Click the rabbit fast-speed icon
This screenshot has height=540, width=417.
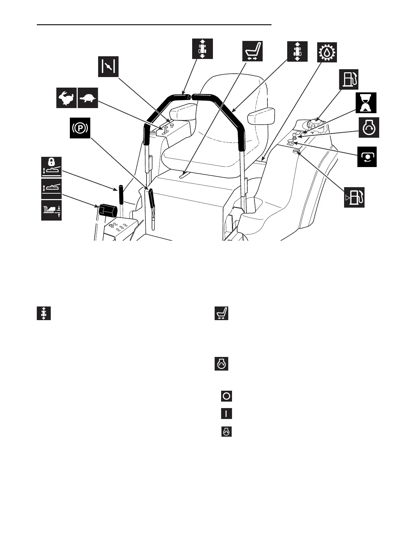(x=66, y=98)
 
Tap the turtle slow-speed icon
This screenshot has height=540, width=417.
(x=88, y=98)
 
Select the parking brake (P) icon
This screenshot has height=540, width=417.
(x=80, y=128)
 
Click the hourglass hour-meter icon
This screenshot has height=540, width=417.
(x=366, y=103)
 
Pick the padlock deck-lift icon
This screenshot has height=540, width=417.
(x=51, y=167)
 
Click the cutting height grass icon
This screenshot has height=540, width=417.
(x=51, y=210)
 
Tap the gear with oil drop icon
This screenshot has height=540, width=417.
(x=327, y=52)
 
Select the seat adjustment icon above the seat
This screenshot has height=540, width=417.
(x=252, y=51)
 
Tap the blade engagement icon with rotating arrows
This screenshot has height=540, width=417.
(x=367, y=157)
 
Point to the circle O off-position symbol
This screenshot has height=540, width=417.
(x=227, y=396)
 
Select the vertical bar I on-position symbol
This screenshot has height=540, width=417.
(x=227, y=414)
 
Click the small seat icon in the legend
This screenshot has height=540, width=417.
(x=221, y=313)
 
